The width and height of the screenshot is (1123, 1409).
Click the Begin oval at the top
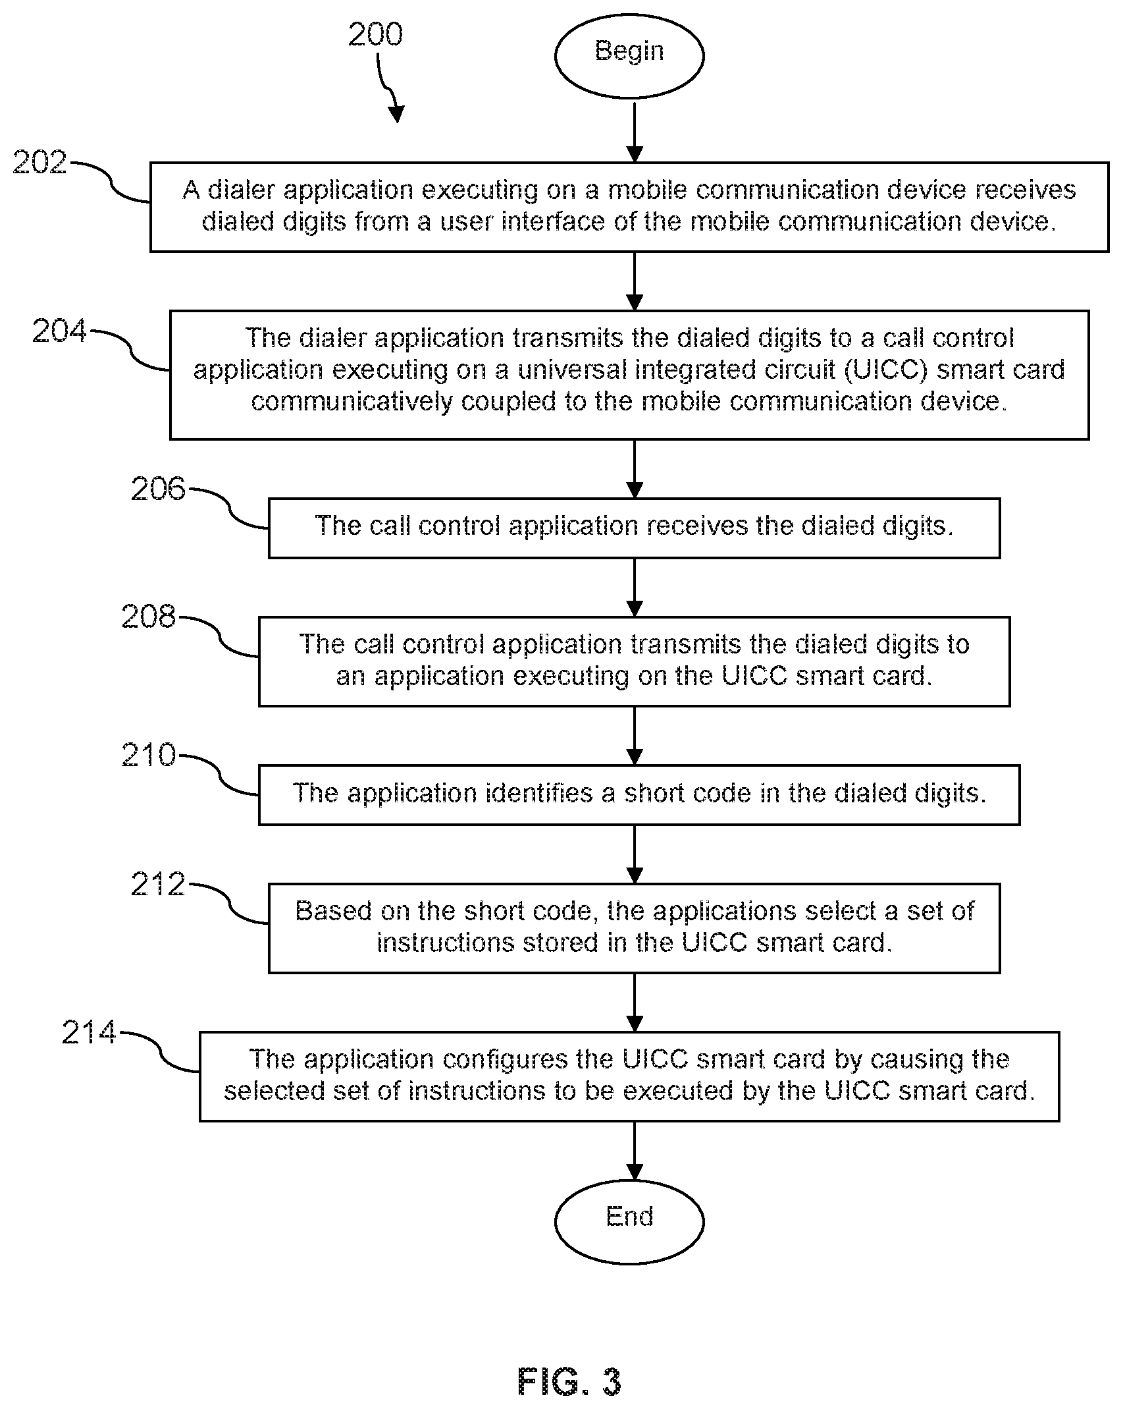click(x=629, y=55)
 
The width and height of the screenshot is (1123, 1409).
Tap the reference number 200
click(x=375, y=34)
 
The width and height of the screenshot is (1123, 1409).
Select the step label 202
click(x=40, y=162)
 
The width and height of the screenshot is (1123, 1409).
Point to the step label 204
click(x=60, y=331)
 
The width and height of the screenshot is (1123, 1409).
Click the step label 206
click(x=158, y=489)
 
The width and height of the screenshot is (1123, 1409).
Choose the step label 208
click(x=149, y=617)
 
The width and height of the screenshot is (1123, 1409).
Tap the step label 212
click(x=158, y=885)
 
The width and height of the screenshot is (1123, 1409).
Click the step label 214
click(x=90, y=1032)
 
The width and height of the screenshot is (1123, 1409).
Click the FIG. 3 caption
click(x=569, y=1381)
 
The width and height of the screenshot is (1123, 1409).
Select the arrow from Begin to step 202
click(x=634, y=132)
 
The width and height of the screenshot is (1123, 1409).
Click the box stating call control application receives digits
click(x=634, y=528)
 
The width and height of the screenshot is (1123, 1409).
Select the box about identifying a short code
click(x=639, y=794)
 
